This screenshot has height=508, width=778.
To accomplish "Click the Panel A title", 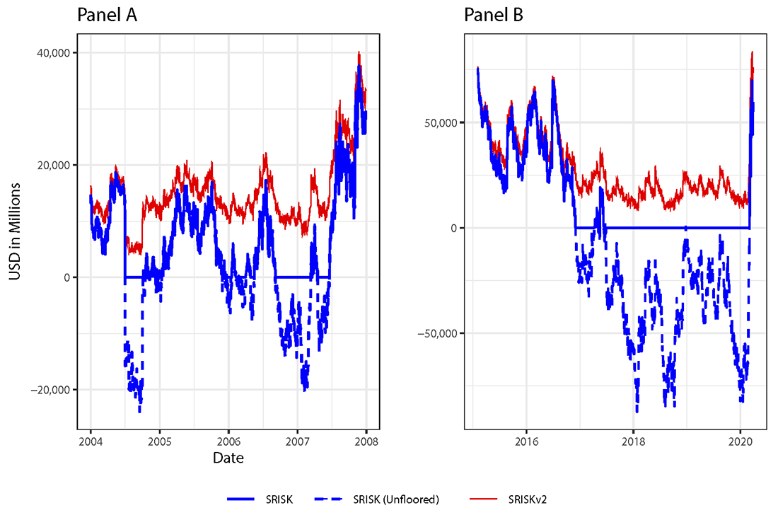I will [107, 15].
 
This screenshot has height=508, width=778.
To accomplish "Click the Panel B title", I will [494, 15].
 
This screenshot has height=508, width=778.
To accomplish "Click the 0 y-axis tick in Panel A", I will [66, 277].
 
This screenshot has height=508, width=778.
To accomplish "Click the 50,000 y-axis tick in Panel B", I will [443, 122].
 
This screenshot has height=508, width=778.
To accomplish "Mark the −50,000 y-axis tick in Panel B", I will [441, 333].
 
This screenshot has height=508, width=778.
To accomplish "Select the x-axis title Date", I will [228, 458].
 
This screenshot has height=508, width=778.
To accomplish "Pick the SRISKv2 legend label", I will [527, 500].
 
